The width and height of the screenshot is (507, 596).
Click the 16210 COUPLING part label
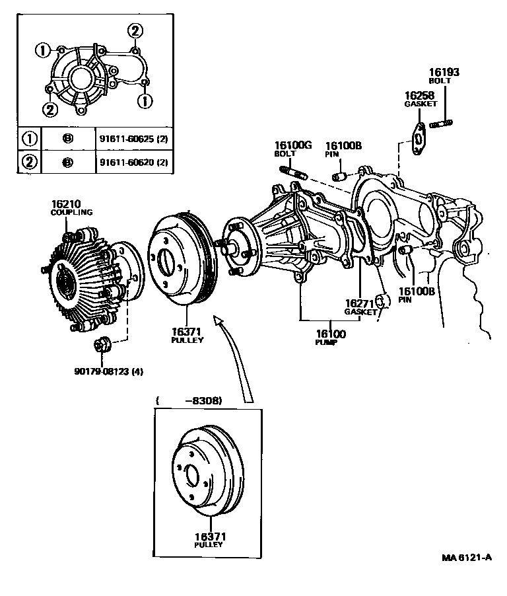click(71, 207)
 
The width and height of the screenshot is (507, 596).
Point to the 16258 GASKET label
click(421, 100)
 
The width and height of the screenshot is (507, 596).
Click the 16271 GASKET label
click(360, 307)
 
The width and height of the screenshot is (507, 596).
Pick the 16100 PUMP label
click(330, 338)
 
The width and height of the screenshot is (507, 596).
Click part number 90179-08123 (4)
click(108, 371)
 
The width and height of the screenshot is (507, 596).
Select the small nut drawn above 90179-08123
click(102, 345)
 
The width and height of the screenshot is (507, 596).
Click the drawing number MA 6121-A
click(467, 557)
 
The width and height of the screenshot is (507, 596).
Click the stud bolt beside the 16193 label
click(441, 123)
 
